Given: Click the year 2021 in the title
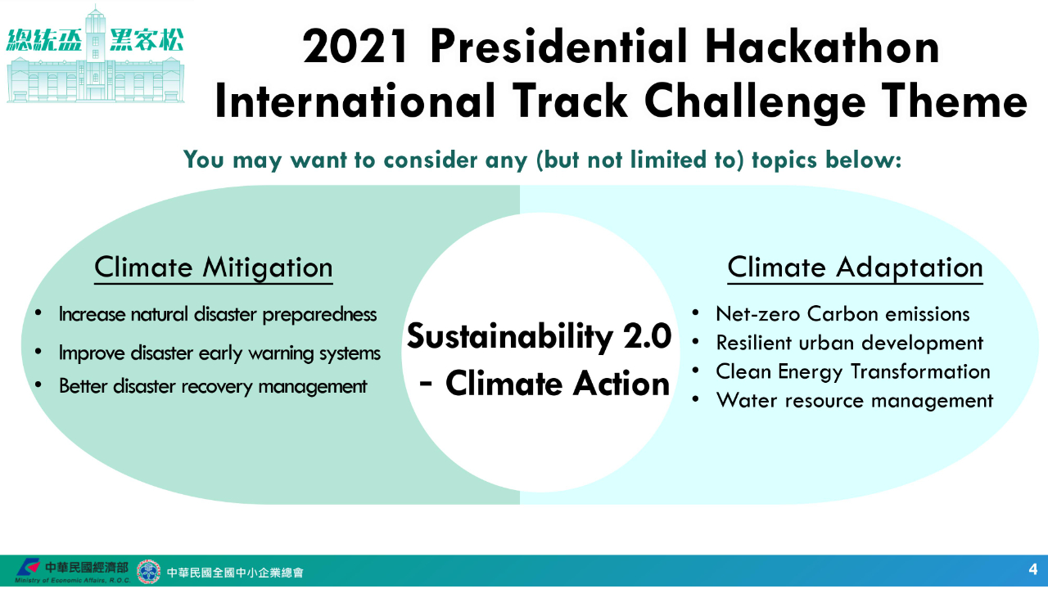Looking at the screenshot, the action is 355,47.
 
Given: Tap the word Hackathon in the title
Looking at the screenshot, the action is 822,45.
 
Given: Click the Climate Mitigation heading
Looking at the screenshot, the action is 214,268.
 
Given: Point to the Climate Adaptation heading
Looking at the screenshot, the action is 856,268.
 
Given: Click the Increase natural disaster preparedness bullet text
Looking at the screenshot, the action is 218,315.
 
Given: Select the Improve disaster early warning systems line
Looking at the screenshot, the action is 219,353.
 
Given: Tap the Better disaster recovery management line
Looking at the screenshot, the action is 213,387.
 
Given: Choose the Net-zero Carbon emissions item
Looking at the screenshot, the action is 842,314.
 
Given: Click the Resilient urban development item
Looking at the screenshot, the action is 850,343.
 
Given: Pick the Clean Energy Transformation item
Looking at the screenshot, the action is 853,372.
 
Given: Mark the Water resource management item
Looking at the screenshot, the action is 855,401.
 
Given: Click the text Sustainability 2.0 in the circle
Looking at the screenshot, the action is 539,336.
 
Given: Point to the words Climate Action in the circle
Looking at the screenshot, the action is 558,384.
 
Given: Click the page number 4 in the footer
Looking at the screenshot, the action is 1033,569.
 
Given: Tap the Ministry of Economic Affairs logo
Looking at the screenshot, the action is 28,568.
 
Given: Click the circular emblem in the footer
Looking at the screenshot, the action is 148,572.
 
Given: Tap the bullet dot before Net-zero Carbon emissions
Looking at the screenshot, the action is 696,312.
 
